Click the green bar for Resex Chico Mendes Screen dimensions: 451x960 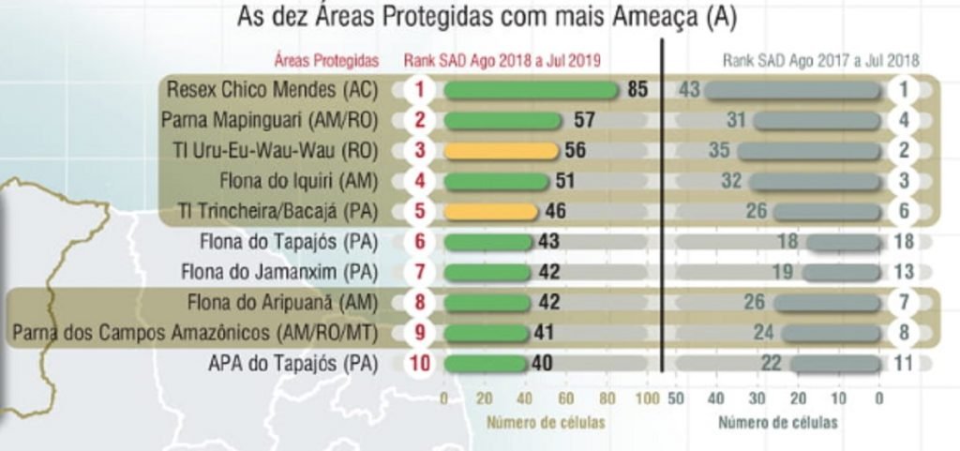[531, 90]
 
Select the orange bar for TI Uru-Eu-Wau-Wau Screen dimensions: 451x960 [501, 151]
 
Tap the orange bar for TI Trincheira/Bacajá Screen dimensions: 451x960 [491, 212]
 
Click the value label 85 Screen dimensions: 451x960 [638, 90]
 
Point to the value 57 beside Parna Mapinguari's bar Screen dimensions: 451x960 [584, 121]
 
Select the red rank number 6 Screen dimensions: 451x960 [420, 242]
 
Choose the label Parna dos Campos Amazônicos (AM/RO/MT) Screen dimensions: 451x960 [195, 333]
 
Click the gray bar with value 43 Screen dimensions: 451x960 [793, 90]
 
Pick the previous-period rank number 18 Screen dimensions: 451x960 [905, 242]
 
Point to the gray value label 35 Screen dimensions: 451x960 [719, 151]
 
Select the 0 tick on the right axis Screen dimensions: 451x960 [878, 398]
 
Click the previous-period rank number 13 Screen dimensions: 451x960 [905, 273]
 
